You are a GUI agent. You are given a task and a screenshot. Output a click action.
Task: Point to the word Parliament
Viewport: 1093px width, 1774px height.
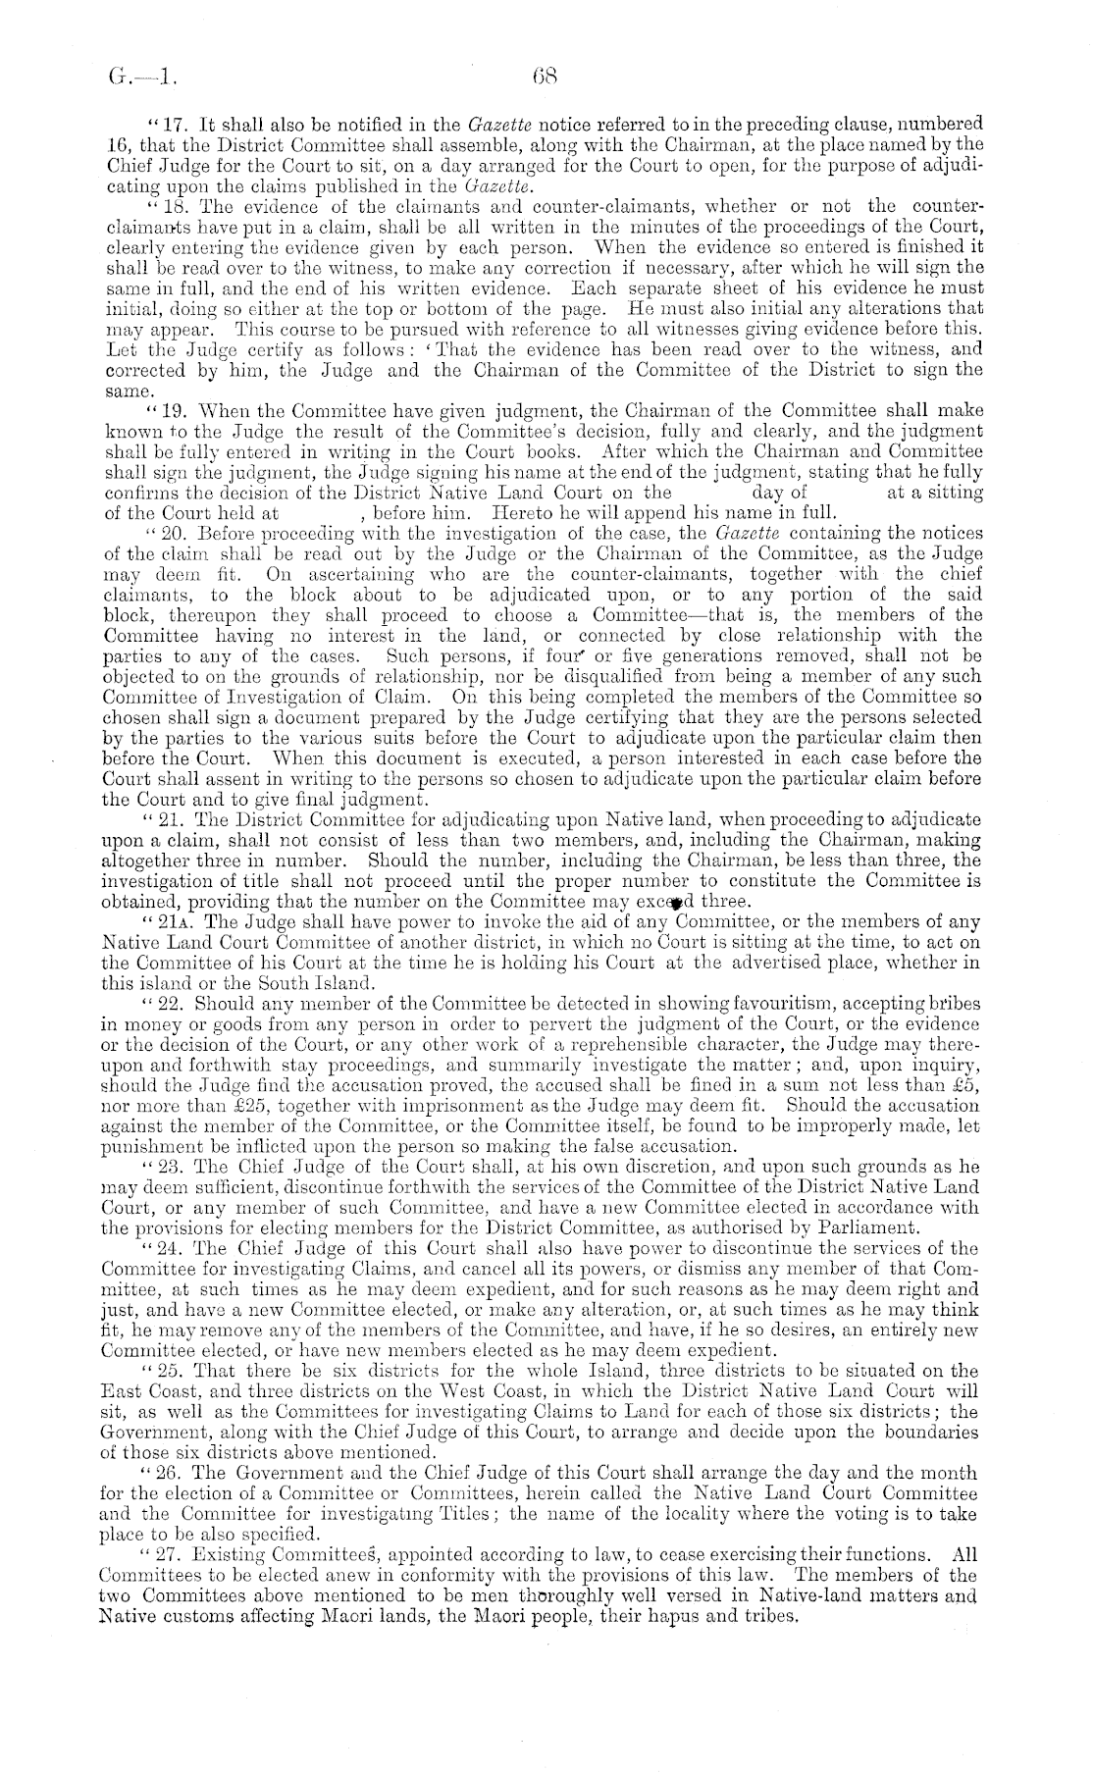(x=874, y=1227)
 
